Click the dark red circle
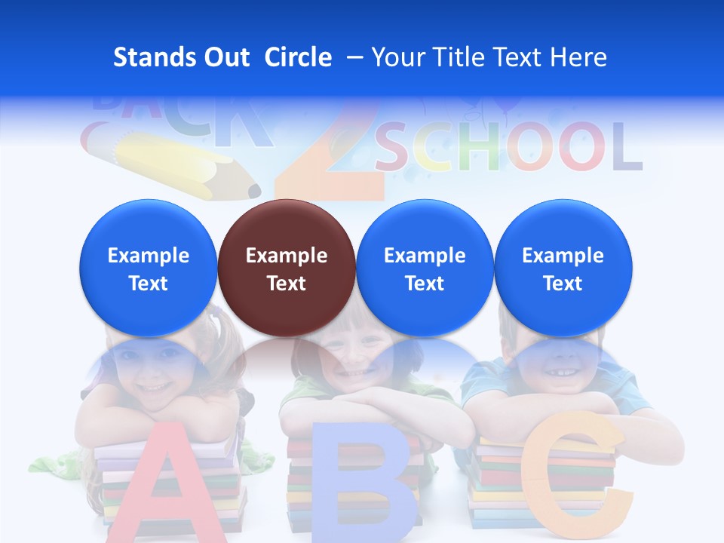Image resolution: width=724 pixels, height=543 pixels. pos(287,268)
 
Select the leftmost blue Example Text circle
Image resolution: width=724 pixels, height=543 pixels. pos(149,268)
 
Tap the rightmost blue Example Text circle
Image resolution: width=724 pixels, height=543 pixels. pos(563,268)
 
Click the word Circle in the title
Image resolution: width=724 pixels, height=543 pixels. pos(298,57)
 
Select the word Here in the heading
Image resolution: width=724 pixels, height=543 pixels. pos(578,57)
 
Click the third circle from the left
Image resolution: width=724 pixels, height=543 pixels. pos(425,268)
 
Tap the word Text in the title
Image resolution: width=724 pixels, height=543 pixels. pos(525,57)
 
